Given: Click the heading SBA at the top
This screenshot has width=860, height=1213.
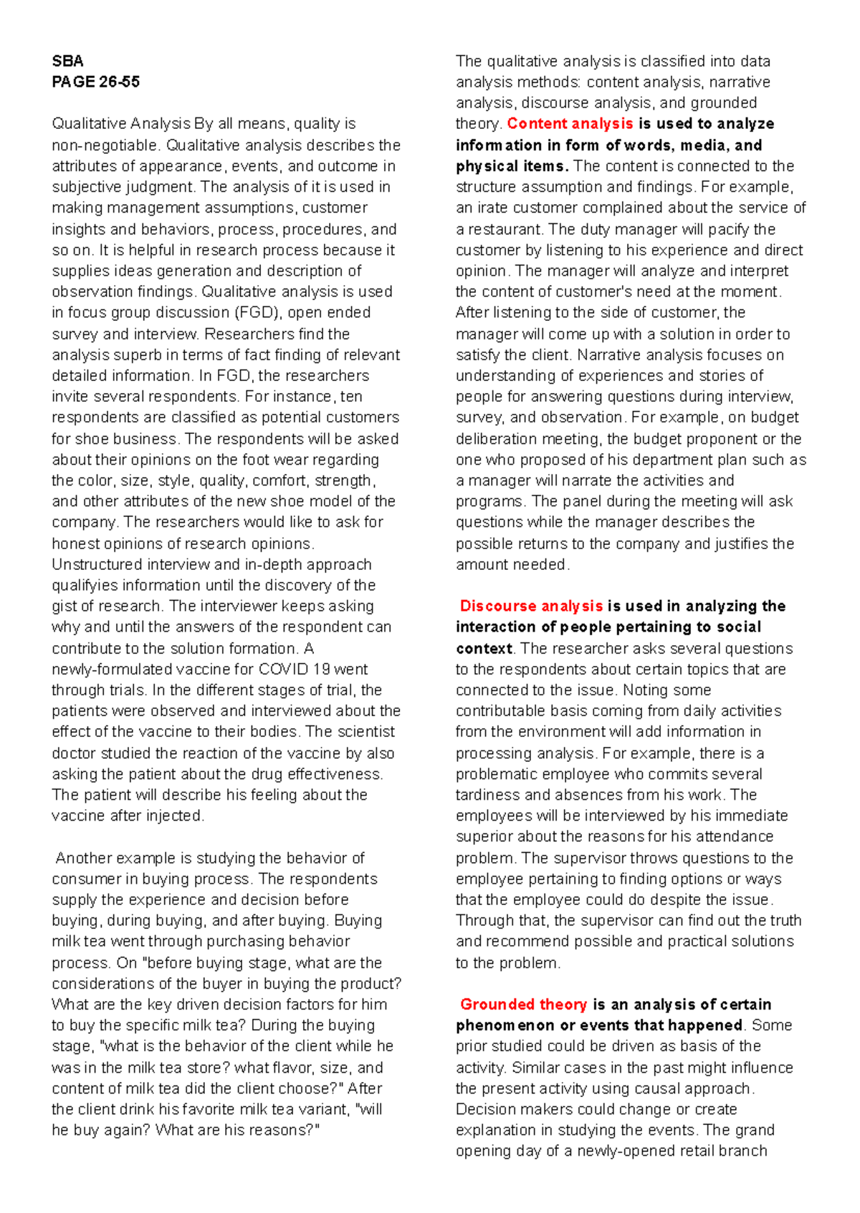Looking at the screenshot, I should [x=67, y=61].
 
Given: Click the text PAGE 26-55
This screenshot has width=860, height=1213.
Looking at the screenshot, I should [x=95, y=82].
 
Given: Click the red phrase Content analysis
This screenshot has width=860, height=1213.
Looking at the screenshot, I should [x=570, y=124].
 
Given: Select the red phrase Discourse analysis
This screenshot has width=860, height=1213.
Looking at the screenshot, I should [x=531, y=606].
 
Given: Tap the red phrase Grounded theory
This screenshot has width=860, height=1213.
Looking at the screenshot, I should [x=523, y=1005].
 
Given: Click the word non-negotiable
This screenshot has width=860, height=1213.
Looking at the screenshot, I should [x=104, y=145].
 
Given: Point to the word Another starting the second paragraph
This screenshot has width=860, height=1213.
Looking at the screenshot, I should [x=83, y=859].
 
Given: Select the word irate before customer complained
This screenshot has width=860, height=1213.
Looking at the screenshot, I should [x=489, y=208].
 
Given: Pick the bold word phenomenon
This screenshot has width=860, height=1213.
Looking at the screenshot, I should [x=505, y=1025].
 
